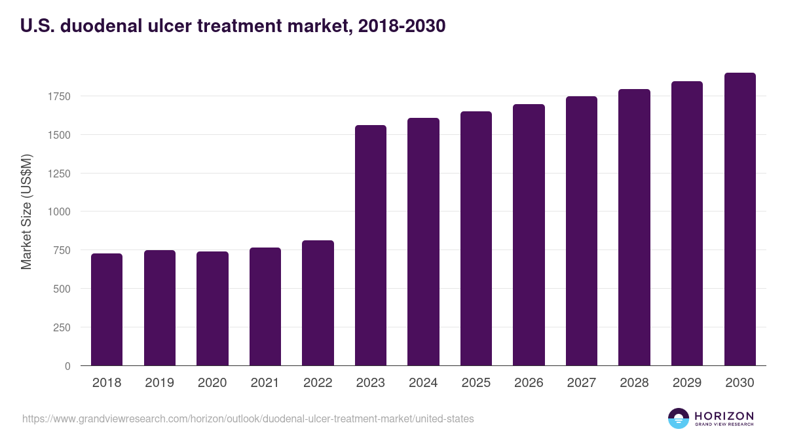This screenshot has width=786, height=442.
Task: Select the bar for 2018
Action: tap(107, 310)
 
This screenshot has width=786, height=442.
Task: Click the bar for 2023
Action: tap(371, 246)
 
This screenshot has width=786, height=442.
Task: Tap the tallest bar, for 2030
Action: tap(739, 219)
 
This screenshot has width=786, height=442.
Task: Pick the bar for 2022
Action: tap(318, 303)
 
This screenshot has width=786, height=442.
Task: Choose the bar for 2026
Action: tap(529, 235)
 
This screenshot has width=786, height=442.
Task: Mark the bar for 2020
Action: tap(212, 308)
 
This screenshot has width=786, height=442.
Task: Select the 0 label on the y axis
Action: tap(67, 366)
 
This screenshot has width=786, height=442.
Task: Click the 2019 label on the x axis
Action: tap(159, 383)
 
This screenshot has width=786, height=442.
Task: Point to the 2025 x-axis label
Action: tap(476, 383)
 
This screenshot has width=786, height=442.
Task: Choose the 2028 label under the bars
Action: tap(634, 383)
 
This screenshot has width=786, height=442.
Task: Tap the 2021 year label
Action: tap(265, 383)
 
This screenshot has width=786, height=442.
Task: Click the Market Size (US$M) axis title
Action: tap(27, 212)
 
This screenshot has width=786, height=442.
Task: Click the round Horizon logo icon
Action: tap(679, 418)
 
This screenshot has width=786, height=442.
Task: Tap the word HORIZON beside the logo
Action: tap(724, 415)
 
